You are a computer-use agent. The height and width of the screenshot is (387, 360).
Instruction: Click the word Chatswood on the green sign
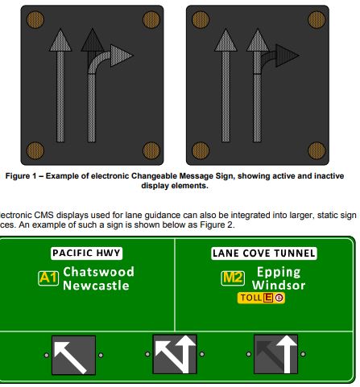[98, 272]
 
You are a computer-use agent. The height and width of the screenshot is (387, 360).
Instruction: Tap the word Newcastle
[96, 286]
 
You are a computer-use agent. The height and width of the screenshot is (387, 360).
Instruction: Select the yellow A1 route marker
[48, 278]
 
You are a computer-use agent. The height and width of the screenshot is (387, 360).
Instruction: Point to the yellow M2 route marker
[232, 278]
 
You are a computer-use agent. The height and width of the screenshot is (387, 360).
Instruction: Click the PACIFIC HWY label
[85, 253]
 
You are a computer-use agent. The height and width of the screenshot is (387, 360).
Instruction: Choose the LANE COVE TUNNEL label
[264, 253]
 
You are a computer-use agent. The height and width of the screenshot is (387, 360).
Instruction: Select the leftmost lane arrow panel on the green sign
[74, 355]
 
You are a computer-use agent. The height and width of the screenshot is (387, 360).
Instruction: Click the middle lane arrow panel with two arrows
[176, 355]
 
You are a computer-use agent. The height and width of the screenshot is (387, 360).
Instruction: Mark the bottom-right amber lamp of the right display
[315, 150]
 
